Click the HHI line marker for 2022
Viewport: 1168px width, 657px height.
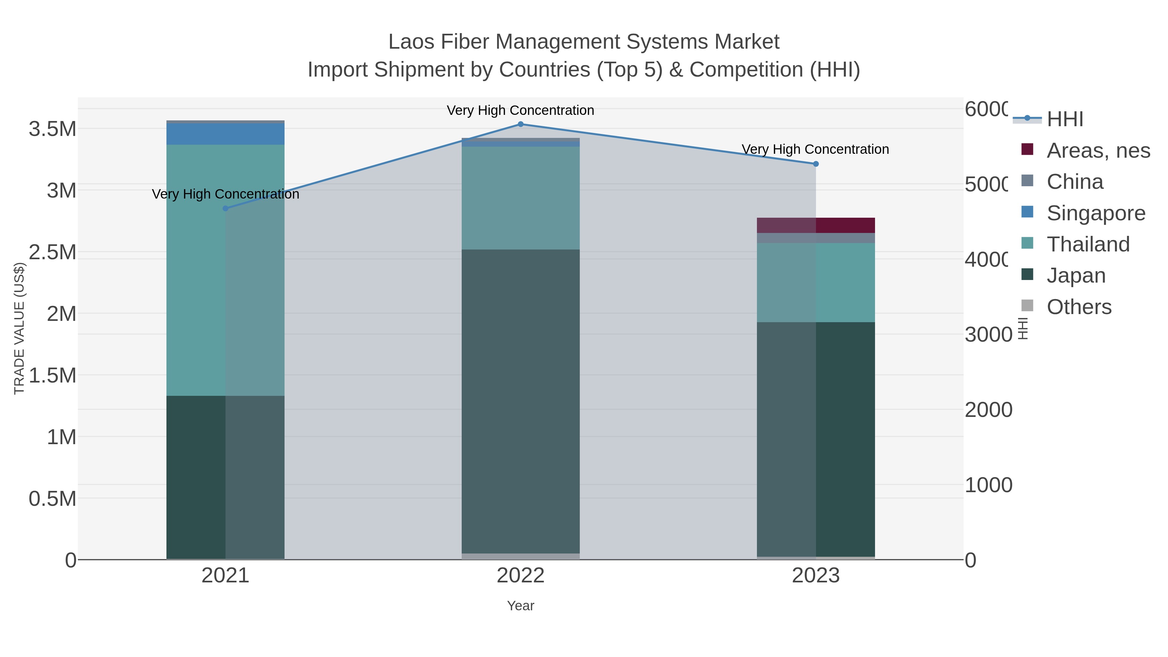[520, 124]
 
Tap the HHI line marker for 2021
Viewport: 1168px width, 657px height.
[225, 209]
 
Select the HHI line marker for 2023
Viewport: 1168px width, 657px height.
[816, 164]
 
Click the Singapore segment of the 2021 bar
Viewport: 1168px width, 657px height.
[225, 134]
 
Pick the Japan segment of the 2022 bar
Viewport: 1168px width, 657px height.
[520, 401]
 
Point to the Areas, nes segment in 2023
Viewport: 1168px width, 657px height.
[816, 225]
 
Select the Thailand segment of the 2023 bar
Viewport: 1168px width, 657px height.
[816, 283]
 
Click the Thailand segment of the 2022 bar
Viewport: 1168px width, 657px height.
[520, 198]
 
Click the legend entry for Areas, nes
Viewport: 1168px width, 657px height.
[1098, 151]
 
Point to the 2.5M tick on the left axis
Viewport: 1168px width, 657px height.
[52, 252]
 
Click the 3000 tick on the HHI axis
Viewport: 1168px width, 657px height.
[988, 335]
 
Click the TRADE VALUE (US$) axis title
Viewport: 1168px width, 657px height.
[19, 328]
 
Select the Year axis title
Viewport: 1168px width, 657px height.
[520, 606]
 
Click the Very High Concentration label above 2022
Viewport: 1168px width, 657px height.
[520, 110]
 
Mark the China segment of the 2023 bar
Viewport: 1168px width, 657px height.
[816, 238]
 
